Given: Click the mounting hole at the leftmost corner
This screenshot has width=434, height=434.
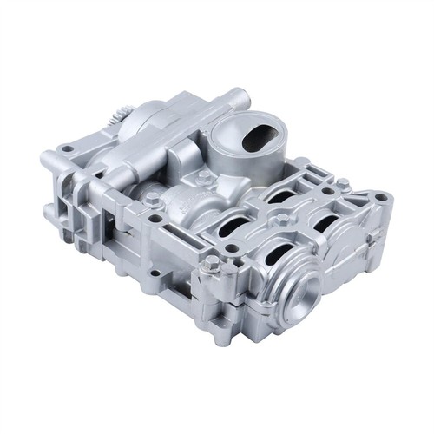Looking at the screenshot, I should tap(67, 149).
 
